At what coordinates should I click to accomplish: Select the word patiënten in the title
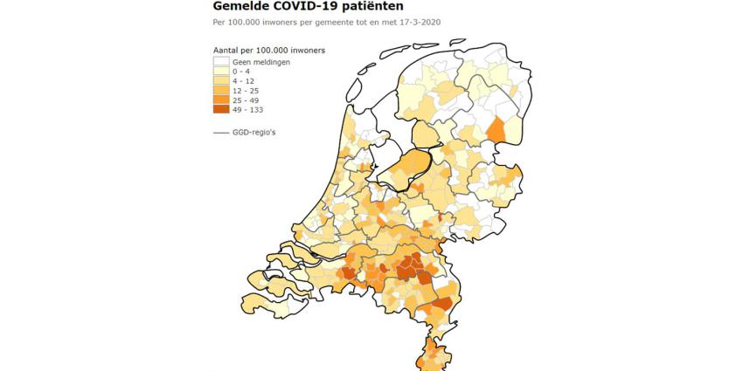coord(392,6)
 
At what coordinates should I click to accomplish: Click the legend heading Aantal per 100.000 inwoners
coord(269,50)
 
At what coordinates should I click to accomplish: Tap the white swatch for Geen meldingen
coord(220,62)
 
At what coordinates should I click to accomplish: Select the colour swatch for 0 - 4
coord(220,72)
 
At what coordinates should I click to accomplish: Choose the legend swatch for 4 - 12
coord(220,81)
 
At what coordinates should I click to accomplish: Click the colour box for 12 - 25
coord(220,91)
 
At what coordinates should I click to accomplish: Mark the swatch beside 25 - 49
coord(220,100)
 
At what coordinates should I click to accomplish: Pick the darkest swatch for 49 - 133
coord(220,110)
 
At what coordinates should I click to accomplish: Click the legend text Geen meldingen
coord(260,62)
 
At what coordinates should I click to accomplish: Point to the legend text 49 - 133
coord(247,110)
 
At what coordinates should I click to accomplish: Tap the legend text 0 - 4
coord(241,72)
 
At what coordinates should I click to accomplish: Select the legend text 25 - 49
coord(246,100)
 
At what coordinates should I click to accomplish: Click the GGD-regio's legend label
coord(256,133)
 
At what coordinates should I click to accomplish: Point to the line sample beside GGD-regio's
coord(221,133)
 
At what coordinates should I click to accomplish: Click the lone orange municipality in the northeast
coord(496,130)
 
